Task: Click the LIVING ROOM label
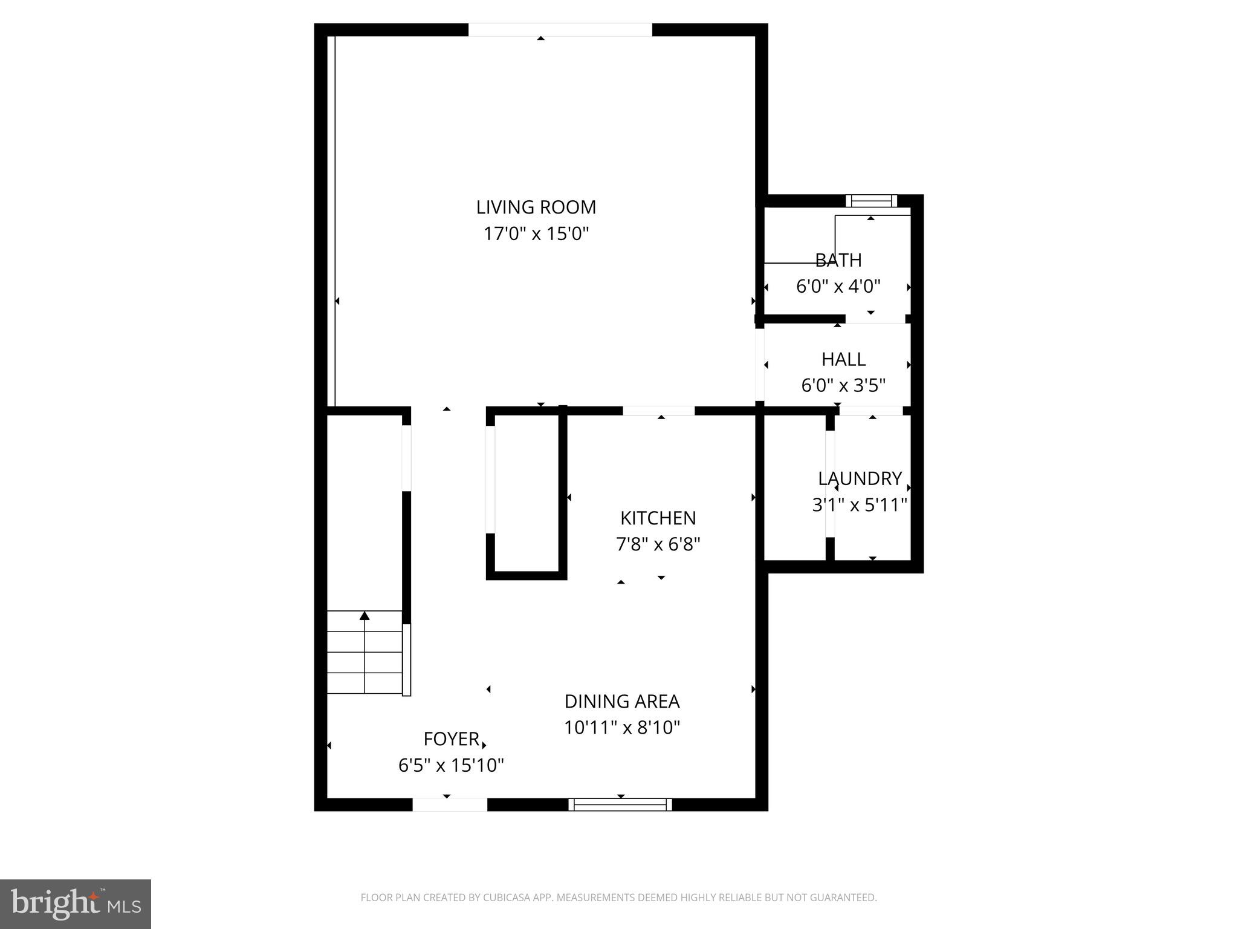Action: coord(536,207)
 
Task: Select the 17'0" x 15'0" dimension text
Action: coord(536,233)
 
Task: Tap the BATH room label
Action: coord(838,260)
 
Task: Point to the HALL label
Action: coord(843,359)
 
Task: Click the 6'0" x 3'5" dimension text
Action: coord(843,385)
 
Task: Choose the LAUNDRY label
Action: coord(860,478)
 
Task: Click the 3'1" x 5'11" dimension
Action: coord(860,504)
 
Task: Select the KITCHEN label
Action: coord(658,518)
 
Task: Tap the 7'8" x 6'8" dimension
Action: coord(658,544)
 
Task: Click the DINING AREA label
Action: coord(622,702)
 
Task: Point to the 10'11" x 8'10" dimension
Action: coord(622,728)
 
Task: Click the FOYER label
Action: coord(451,739)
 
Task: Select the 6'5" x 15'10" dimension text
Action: coord(451,766)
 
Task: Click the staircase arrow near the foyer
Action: coord(365,616)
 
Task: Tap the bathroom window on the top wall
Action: coord(870,201)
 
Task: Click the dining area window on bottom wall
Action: coord(620,804)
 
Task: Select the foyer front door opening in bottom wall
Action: coord(449,804)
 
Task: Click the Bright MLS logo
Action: coord(75,904)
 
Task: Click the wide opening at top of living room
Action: coord(560,30)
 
